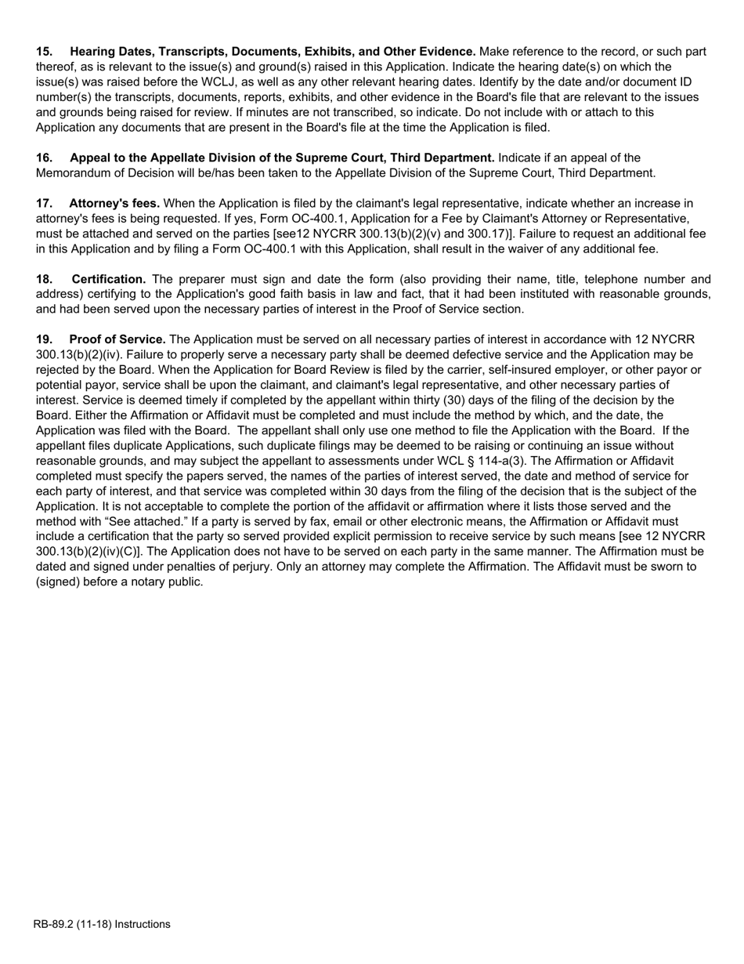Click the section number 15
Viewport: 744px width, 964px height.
(x=44, y=52)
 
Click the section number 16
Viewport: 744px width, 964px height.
(x=44, y=158)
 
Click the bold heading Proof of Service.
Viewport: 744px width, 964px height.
(x=117, y=339)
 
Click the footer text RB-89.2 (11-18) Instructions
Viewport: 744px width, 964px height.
(x=102, y=924)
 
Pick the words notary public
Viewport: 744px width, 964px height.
(x=168, y=582)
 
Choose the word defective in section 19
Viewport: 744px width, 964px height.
(x=403, y=354)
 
